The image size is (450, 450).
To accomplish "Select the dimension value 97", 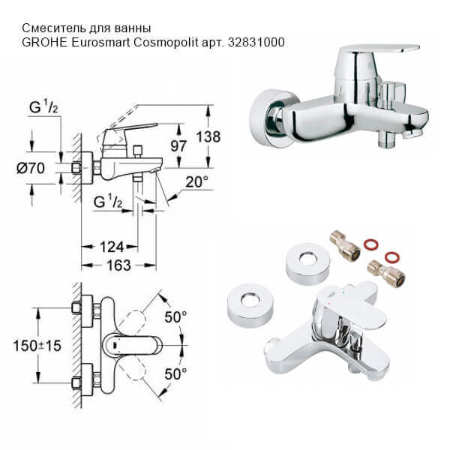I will pyautogui.click(x=178, y=145).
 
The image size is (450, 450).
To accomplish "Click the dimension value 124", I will pyautogui.click(x=108, y=246).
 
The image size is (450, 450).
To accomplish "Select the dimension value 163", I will pyautogui.click(x=118, y=265).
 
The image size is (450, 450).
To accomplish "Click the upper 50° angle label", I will pyautogui.click(x=175, y=318).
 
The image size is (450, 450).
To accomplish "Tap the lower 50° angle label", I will pyautogui.click(x=175, y=373).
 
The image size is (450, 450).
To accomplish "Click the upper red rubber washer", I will pyautogui.click(x=370, y=244).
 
